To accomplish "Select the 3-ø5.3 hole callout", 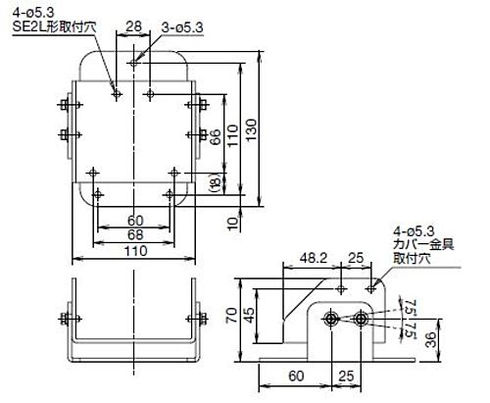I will (181, 28).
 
